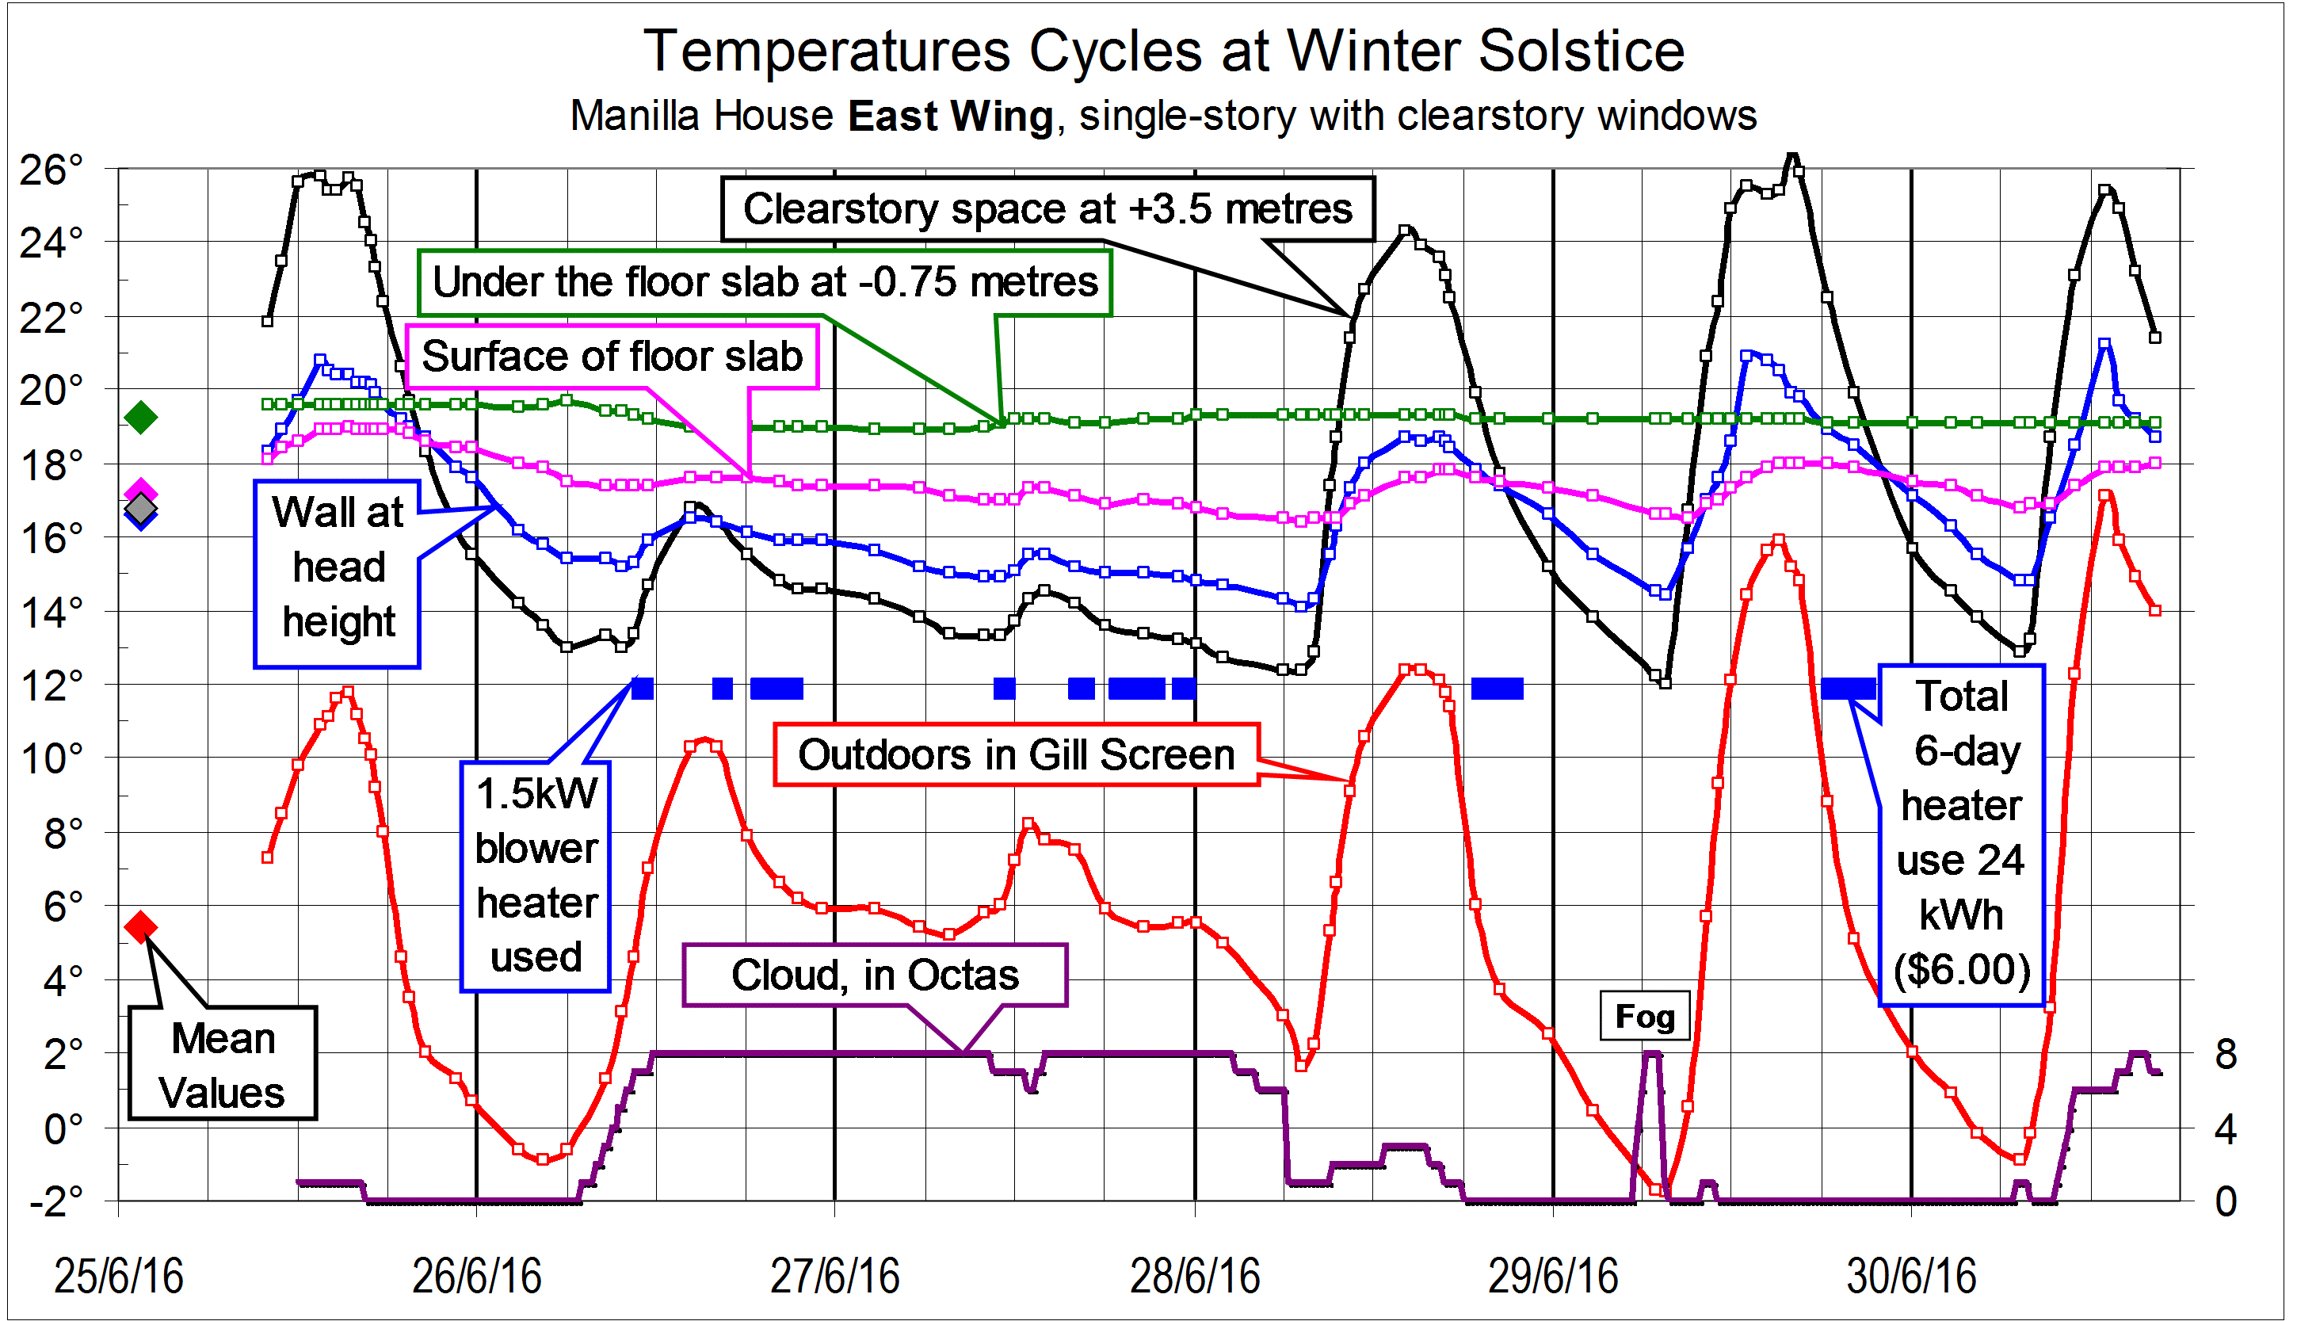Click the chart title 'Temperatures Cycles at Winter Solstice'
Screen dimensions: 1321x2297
1164,51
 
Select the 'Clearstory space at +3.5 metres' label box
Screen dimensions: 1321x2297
1047,208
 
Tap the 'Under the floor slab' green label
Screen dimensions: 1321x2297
765,282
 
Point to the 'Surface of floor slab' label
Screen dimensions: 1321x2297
612,356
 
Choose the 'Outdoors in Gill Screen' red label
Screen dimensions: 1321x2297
1016,755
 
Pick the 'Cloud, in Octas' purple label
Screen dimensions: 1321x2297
875,975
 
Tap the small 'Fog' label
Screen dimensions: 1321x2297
1644,1016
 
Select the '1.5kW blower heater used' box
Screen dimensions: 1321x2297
536,876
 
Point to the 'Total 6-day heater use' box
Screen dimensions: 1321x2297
1961,834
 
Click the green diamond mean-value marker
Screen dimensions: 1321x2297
140,418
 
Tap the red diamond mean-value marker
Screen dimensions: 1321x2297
140,926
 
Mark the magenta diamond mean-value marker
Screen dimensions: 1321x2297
140,491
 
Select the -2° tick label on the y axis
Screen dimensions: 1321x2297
56,1202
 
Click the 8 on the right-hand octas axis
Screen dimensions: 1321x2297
2226,1056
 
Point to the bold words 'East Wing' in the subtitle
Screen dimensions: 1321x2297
950,117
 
